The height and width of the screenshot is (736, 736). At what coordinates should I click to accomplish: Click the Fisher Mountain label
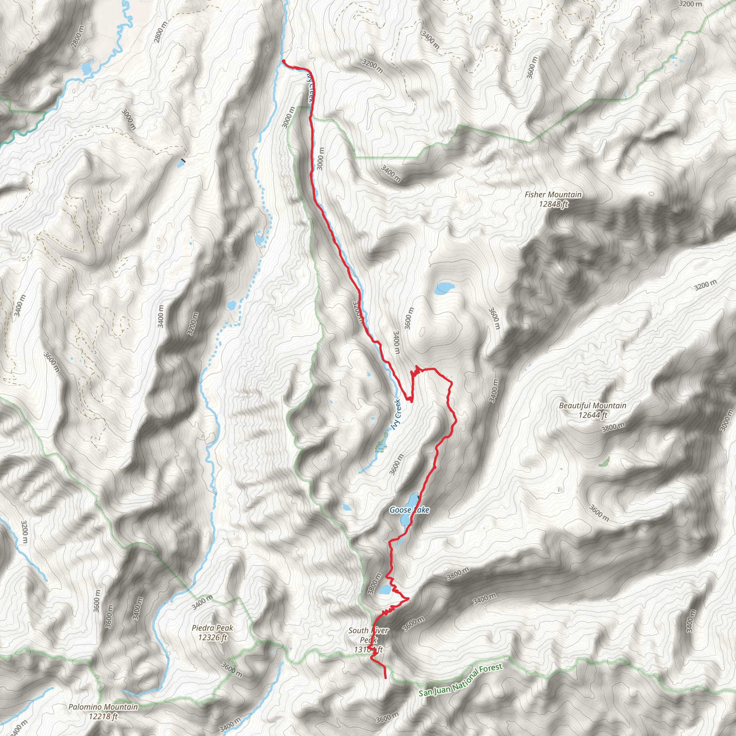553,195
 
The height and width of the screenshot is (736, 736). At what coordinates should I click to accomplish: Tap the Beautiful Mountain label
592,406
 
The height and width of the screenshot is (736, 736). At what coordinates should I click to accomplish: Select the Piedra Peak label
213,628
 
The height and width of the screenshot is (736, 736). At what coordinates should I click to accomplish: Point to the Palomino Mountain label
103,707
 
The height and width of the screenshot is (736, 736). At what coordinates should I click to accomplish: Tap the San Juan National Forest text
461,680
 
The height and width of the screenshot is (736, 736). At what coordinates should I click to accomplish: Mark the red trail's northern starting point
284,61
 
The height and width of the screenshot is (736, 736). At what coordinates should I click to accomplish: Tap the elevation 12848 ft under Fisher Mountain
553,204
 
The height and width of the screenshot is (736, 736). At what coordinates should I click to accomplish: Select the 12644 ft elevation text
592,415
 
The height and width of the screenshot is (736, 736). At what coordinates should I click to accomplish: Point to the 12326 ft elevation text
213,637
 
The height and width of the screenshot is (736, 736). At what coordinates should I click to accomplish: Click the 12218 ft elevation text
103,716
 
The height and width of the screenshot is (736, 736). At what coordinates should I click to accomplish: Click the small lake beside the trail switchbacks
384,590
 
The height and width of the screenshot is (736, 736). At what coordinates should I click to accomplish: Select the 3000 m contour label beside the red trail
321,159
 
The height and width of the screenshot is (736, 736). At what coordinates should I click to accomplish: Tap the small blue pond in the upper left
86,68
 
